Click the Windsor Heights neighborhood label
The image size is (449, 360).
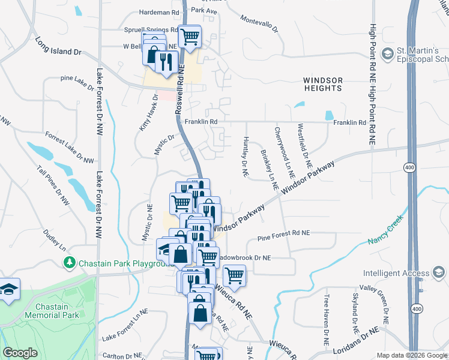point(322,84)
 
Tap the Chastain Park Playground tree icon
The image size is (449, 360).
point(70,263)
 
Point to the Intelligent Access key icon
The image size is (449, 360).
point(439,274)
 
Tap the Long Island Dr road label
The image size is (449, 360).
point(58,47)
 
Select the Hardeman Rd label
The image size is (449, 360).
point(159,11)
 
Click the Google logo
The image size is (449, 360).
point(20,353)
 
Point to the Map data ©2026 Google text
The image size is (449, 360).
point(411,355)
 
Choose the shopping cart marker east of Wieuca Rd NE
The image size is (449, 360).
point(234,276)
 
